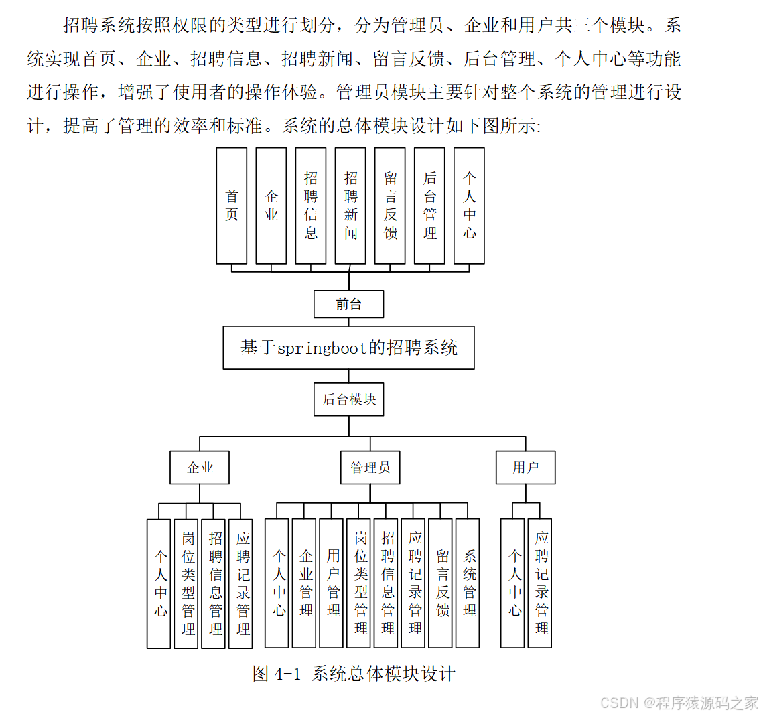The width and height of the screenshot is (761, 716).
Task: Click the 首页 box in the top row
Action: tap(231, 206)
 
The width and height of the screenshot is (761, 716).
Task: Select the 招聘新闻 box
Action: tap(350, 206)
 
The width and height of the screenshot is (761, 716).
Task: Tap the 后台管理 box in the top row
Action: tap(429, 206)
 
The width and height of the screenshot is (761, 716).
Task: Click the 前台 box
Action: tap(348, 304)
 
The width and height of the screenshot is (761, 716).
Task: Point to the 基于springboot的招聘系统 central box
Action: tap(348, 348)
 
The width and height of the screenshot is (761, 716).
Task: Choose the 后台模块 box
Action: tap(348, 400)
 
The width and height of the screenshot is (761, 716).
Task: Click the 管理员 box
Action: tap(370, 468)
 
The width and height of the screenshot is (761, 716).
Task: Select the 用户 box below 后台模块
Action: tap(525, 468)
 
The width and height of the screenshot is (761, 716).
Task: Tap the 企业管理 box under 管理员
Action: tap(304, 583)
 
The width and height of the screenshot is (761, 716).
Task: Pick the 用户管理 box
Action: tap(331, 583)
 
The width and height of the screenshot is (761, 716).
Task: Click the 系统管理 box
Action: tap(468, 583)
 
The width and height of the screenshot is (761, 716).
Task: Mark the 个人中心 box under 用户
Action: tap(512, 583)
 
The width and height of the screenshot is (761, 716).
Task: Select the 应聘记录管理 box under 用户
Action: tap(540, 583)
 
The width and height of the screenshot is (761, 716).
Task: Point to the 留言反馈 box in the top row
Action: tap(390, 206)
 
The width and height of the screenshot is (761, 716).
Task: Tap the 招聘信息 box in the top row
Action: tap(311, 206)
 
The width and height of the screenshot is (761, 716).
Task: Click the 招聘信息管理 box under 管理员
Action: tap(386, 583)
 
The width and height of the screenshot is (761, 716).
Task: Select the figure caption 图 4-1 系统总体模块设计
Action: tap(354, 674)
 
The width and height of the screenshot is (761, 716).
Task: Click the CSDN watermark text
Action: tap(679, 703)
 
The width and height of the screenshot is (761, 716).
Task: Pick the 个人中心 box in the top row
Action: tap(469, 206)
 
